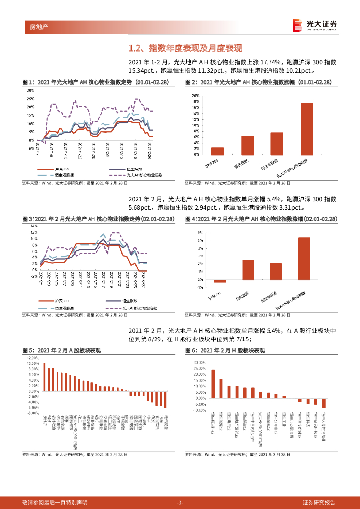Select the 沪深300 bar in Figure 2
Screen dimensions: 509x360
[x=217, y=151]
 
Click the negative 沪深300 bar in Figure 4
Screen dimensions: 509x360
[x=220, y=281]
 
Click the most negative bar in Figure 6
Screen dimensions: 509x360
[x=323, y=403]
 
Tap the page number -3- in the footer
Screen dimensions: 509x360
[x=180, y=502]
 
